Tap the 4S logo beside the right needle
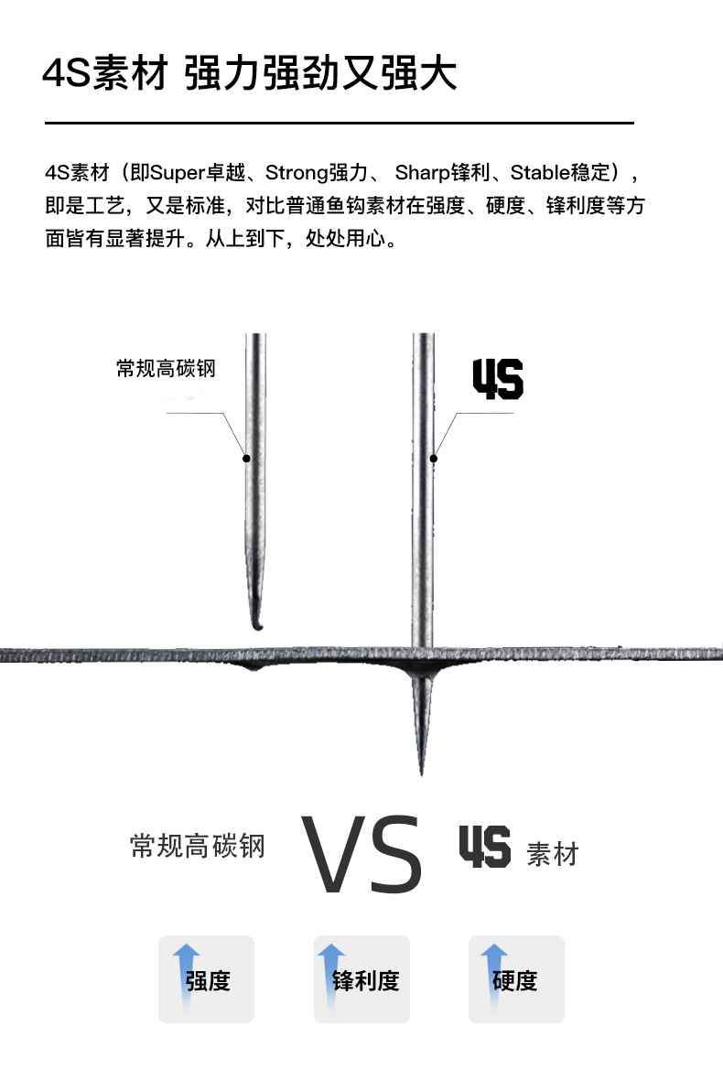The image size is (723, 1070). pos(497,379)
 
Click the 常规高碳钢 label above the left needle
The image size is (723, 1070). pos(166,368)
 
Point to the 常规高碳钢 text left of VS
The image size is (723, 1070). pos(198,845)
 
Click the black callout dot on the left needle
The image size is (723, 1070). pos(246,458)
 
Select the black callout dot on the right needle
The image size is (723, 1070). pos(435,458)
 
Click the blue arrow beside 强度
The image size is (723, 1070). pos(186,970)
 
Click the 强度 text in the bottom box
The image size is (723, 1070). pos(209,981)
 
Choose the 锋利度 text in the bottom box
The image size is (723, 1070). pos(366,981)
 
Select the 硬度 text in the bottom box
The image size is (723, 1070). pos(514,981)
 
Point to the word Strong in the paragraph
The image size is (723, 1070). pos(296,172)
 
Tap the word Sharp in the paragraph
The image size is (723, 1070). pos(423,172)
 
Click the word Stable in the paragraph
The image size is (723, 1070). pos(540,172)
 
